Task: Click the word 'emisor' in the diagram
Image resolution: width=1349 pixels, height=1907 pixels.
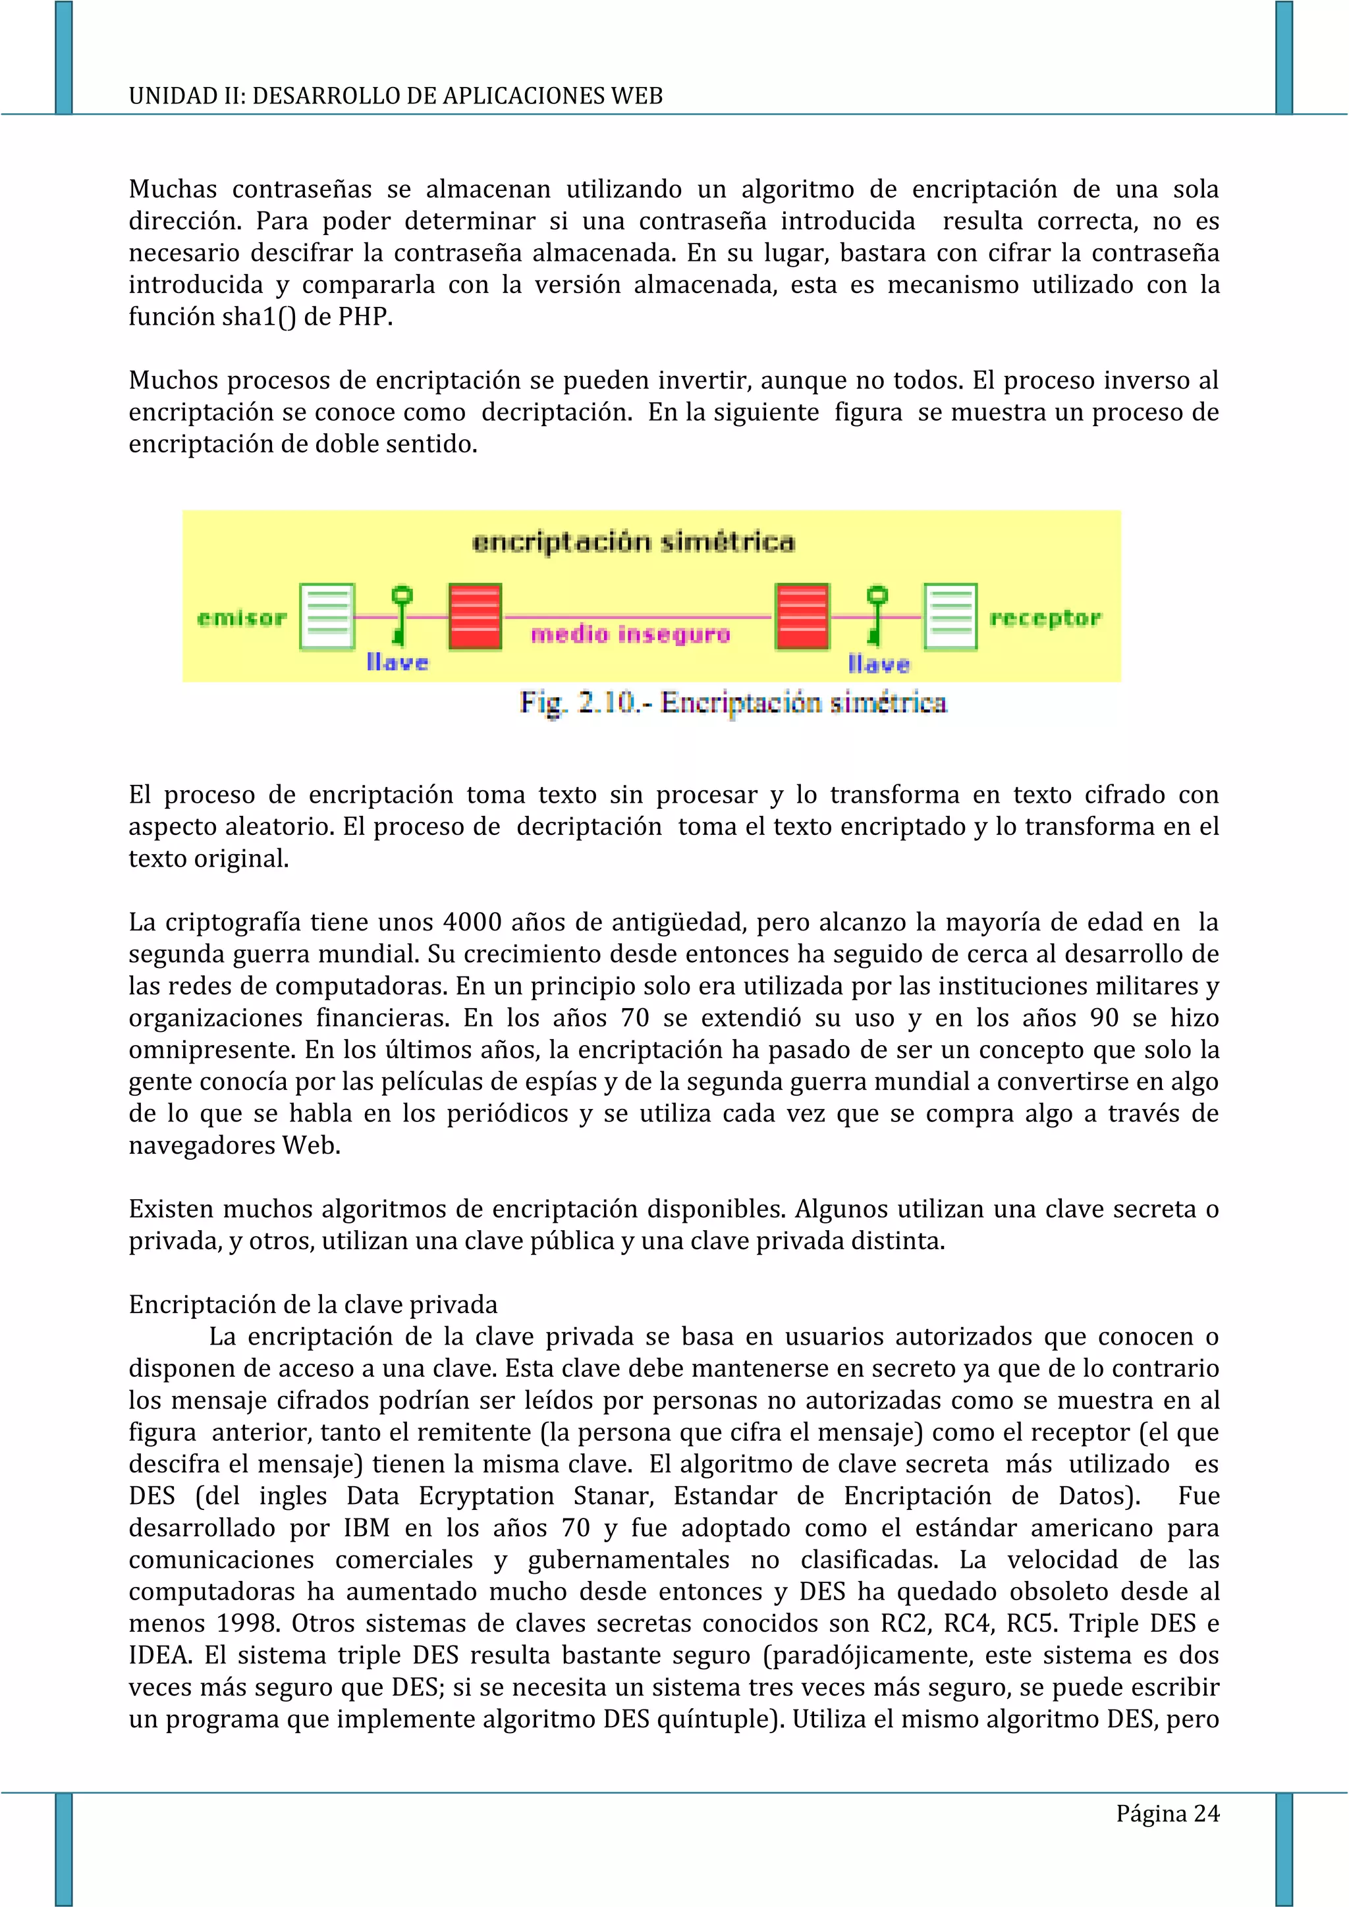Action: click(x=242, y=618)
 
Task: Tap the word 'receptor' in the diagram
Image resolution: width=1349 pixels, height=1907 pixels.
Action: click(x=1045, y=618)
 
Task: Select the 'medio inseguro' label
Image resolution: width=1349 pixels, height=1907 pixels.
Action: click(x=630, y=635)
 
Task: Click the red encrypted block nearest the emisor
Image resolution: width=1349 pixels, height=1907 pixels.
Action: click(x=475, y=616)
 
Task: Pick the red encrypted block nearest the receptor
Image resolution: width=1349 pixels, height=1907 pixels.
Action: click(x=802, y=616)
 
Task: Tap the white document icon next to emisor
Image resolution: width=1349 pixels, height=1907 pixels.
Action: click(x=327, y=616)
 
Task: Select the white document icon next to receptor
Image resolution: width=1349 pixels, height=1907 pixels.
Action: click(x=950, y=616)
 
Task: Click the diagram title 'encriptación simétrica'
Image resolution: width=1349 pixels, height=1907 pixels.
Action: click(x=633, y=543)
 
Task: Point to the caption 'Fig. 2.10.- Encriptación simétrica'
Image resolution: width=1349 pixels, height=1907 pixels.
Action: click(x=732, y=703)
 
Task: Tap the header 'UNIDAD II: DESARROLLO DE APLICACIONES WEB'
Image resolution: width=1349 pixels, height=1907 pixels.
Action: click(x=395, y=95)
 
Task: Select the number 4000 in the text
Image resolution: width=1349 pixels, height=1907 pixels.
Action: click(x=472, y=922)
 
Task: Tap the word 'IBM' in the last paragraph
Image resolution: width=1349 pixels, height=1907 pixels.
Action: click(x=366, y=1528)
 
